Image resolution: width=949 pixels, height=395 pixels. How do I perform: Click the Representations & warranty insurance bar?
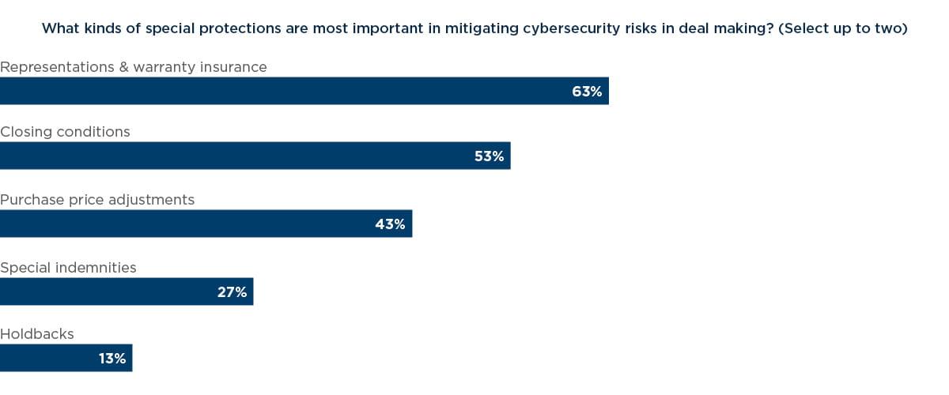(304, 91)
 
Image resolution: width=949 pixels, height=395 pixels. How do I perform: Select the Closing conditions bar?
(255, 156)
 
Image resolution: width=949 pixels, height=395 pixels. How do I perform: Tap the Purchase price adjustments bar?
(206, 224)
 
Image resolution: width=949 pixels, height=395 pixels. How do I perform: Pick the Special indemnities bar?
(127, 292)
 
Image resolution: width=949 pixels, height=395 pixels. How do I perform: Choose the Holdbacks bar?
(66, 358)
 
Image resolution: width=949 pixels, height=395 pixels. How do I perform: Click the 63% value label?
(587, 92)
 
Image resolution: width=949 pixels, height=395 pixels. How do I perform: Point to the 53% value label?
(489, 156)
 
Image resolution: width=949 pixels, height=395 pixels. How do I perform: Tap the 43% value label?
(390, 224)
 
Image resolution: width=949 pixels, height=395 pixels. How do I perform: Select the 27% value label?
(232, 292)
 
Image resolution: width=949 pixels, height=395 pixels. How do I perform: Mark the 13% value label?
(112, 359)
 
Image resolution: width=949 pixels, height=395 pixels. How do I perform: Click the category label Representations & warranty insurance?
(134, 67)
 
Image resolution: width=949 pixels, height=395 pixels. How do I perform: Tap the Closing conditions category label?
(65, 132)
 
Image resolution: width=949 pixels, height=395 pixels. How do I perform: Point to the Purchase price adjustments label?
(97, 200)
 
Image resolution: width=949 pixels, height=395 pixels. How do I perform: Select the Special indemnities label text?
(68, 268)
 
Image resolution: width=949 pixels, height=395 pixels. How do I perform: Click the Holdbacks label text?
(37, 334)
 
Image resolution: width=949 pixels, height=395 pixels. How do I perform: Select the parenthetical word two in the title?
(888, 29)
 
